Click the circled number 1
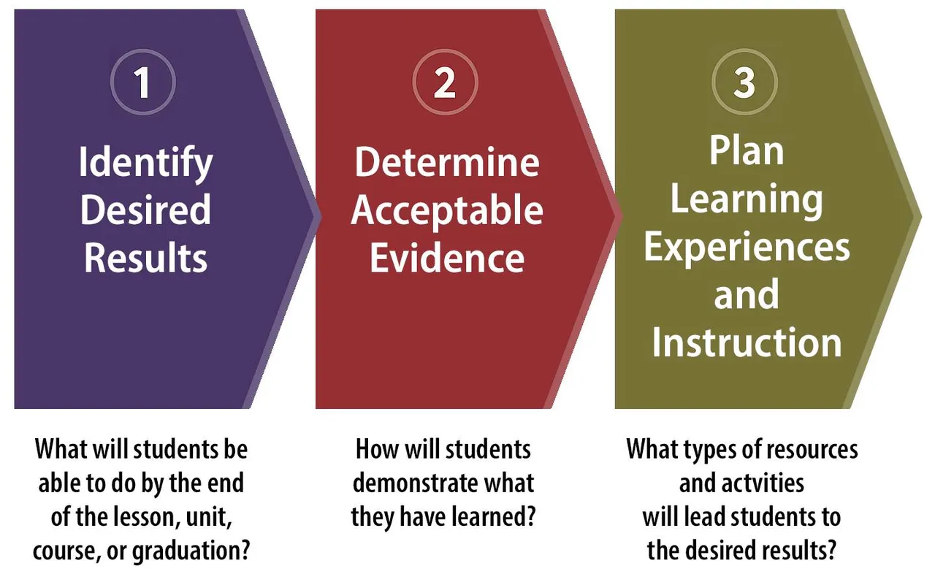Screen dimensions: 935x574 tap(143, 82)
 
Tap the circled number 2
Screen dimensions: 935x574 tap(445, 82)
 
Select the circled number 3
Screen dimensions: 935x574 tap(744, 82)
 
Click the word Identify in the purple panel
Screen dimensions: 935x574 tap(145, 164)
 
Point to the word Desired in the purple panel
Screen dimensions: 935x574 tap(145, 210)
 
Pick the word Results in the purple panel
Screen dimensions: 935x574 tap(145, 257)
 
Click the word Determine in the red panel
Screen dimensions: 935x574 tap(447, 161)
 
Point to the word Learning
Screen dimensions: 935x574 tap(747, 200)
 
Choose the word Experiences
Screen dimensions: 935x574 tap(747, 248)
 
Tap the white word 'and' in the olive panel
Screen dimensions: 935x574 tap(747, 294)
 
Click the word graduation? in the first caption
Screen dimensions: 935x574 tap(191, 551)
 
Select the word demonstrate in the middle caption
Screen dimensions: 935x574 tap(413, 483)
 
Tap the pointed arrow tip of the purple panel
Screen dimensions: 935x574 tap(321, 216)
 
